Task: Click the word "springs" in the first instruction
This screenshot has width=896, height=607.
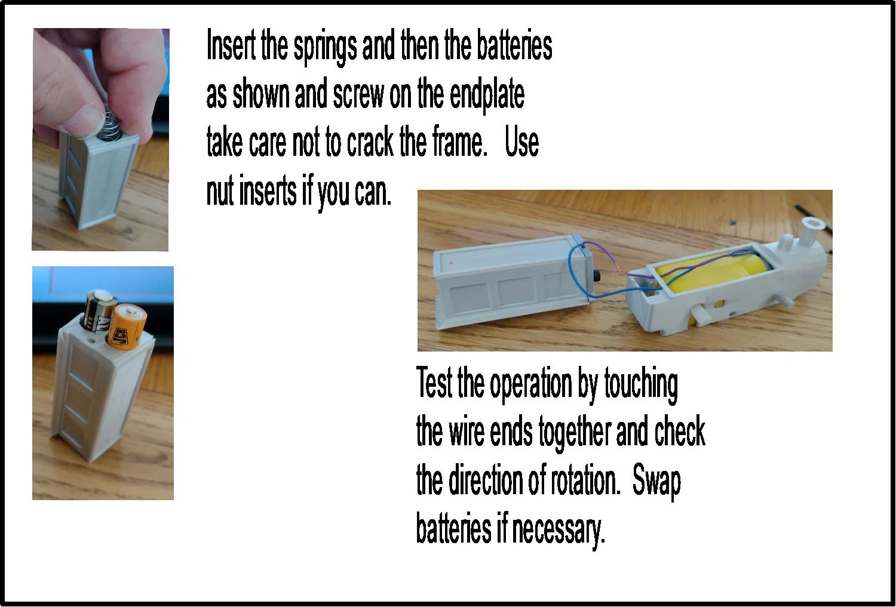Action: pyautogui.click(x=325, y=47)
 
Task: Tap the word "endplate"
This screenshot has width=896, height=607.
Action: pyautogui.click(x=487, y=95)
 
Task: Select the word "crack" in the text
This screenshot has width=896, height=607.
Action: pyautogui.click(x=370, y=143)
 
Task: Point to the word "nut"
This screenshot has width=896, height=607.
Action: pyautogui.click(x=220, y=192)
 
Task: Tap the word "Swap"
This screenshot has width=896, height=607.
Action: pyautogui.click(x=656, y=481)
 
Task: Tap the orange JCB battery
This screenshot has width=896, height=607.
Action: pyautogui.click(x=125, y=325)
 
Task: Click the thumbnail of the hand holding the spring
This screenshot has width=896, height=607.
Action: pyautogui.click(x=100, y=140)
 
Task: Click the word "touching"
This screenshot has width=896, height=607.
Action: pyautogui.click(x=641, y=384)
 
